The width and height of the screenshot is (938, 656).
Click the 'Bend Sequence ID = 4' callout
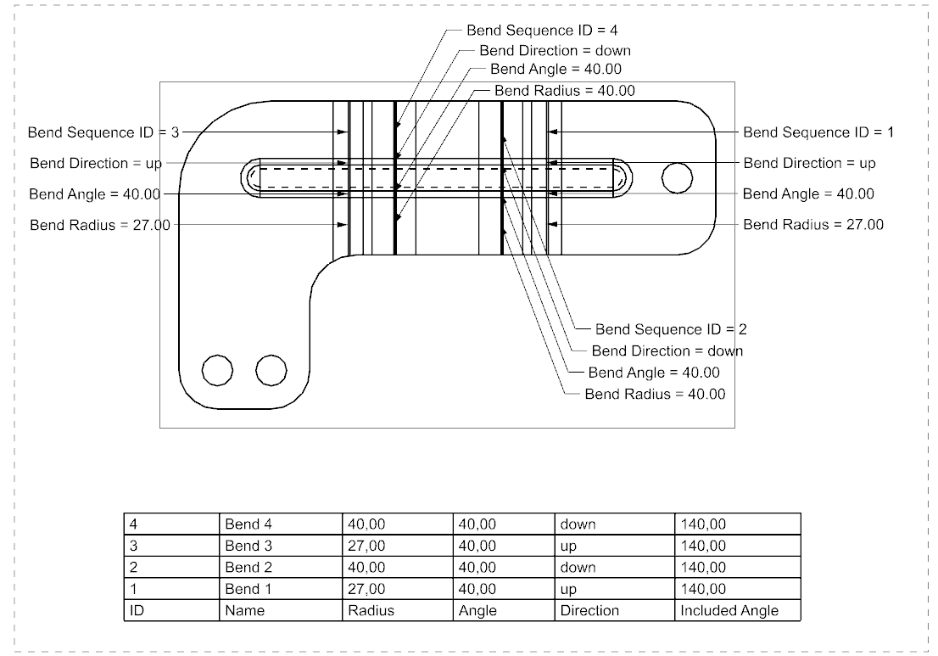tap(542, 31)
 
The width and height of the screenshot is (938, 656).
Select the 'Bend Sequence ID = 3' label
tap(103, 132)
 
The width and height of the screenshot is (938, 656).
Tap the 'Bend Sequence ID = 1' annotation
tap(818, 132)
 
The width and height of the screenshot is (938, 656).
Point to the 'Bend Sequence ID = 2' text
tap(671, 329)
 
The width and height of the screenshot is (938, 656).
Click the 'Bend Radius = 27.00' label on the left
tap(100, 225)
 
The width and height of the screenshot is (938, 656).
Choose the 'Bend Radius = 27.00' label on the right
tap(813, 225)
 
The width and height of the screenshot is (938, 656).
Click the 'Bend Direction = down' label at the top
tap(555, 51)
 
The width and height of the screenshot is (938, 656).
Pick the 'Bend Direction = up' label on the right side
tap(809, 163)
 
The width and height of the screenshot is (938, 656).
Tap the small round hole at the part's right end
tap(677, 177)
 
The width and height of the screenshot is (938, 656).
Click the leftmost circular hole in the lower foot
tap(217, 370)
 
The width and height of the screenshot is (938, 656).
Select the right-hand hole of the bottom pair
tap(271, 370)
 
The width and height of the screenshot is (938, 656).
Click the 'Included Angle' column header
tap(729, 610)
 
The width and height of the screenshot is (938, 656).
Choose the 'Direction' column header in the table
tap(589, 610)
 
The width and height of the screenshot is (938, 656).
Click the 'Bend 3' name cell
tap(248, 546)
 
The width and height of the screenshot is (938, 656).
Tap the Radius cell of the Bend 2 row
tap(366, 567)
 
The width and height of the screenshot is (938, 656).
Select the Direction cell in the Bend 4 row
tap(578, 524)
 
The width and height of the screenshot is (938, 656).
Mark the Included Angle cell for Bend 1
tap(703, 589)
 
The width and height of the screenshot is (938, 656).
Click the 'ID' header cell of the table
tap(136, 610)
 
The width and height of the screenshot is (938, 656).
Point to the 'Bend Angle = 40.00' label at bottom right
tap(654, 373)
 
